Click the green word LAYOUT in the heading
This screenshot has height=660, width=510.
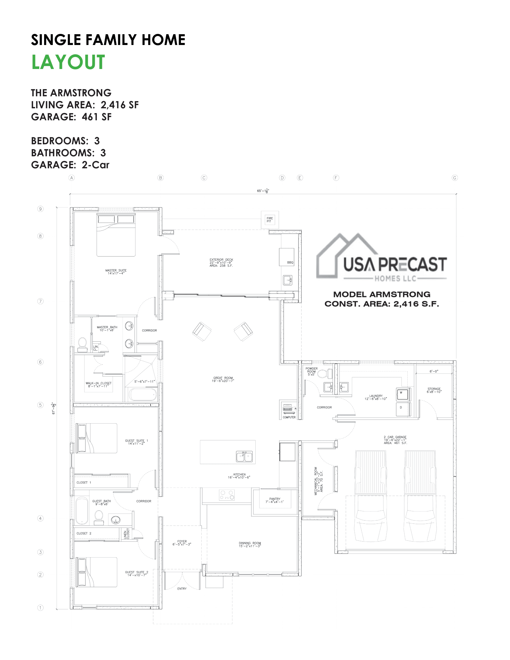[x=68, y=62]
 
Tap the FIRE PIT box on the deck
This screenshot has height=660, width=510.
[x=269, y=220]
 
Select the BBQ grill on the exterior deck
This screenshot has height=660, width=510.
[x=286, y=257]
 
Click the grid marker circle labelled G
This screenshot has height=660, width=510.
[x=454, y=178]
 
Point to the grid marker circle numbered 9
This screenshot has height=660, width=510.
[x=40, y=209]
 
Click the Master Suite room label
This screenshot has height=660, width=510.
[x=116, y=272]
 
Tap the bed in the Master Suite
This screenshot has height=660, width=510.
[x=116, y=235]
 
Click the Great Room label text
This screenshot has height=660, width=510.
[x=223, y=379]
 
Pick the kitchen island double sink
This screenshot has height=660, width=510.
[x=244, y=456]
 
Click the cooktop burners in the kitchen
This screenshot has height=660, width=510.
[x=227, y=495]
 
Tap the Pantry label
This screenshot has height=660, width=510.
[x=274, y=500]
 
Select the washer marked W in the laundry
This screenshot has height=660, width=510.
[x=402, y=394]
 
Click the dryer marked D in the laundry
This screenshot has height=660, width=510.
[x=402, y=408]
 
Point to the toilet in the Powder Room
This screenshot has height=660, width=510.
[x=325, y=374]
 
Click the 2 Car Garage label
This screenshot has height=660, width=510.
[x=395, y=440]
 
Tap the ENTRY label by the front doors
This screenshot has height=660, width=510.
[x=182, y=589]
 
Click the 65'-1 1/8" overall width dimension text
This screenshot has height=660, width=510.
[x=263, y=191]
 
